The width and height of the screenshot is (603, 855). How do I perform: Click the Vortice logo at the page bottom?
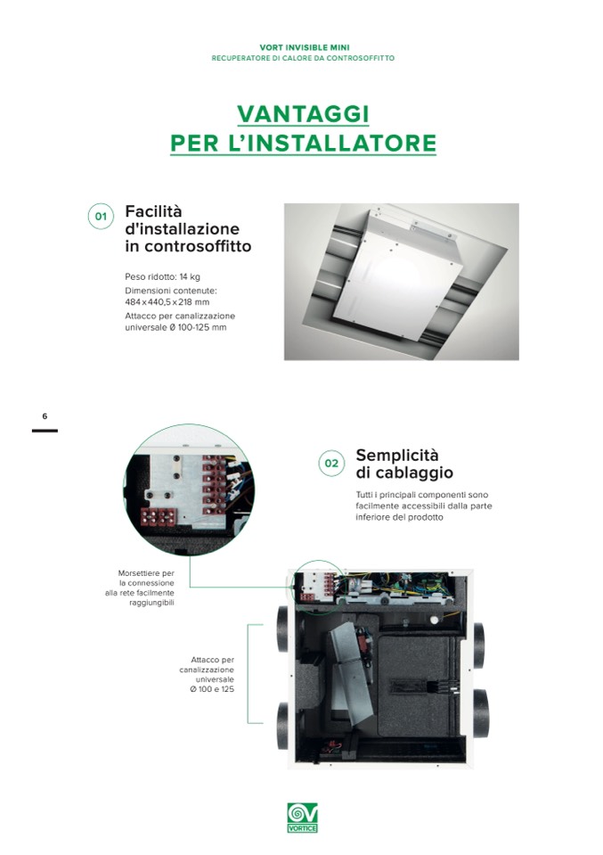click(x=302, y=818)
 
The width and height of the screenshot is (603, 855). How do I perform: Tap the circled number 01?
click(x=101, y=217)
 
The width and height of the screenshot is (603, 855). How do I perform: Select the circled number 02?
click(x=331, y=464)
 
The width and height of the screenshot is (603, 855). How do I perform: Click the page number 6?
click(x=45, y=416)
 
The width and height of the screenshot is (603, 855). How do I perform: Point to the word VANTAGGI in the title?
click(x=304, y=114)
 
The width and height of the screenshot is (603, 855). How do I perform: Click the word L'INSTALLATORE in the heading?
click(x=331, y=143)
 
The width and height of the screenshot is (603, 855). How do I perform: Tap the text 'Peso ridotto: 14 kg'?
click(x=162, y=276)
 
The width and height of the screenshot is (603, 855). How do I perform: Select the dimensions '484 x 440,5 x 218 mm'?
click(x=167, y=301)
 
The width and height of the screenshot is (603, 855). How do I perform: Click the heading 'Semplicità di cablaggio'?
click(x=404, y=464)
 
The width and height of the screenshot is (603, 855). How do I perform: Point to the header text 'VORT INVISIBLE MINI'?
click(x=305, y=48)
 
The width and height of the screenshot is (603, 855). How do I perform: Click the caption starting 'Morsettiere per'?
click(x=140, y=588)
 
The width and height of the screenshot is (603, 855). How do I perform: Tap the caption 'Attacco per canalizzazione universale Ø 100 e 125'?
click(x=207, y=675)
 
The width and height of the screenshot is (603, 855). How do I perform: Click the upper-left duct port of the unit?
click(x=283, y=629)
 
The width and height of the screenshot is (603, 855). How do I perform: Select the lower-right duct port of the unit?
click(x=480, y=712)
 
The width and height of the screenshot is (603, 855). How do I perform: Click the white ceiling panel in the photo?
click(x=398, y=275)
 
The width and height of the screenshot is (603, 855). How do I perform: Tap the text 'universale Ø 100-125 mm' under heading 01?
click(x=175, y=327)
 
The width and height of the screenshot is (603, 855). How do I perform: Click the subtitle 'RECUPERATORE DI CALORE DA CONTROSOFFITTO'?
click(x=303, y=58)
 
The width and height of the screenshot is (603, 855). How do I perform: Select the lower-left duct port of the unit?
click(x=283, y=725)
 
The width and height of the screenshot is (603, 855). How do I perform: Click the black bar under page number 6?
click(x=45, y=431)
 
